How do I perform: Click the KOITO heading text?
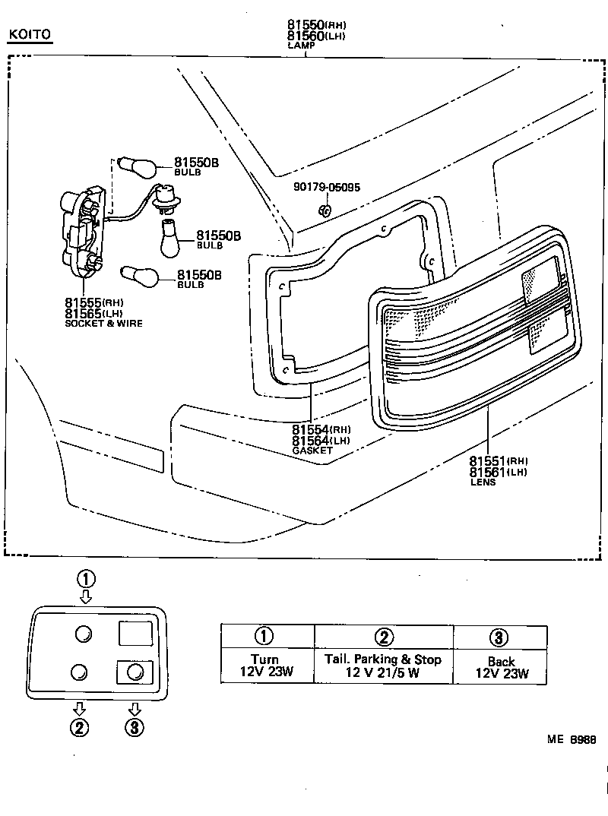30,35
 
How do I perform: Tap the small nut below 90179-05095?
324,207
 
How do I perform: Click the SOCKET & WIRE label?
104,324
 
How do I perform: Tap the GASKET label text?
312,451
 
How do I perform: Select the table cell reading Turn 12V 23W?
265,666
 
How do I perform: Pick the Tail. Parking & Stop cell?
383,666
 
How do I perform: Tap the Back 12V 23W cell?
500,666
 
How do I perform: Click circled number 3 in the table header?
499,637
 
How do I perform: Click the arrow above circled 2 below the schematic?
80,708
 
